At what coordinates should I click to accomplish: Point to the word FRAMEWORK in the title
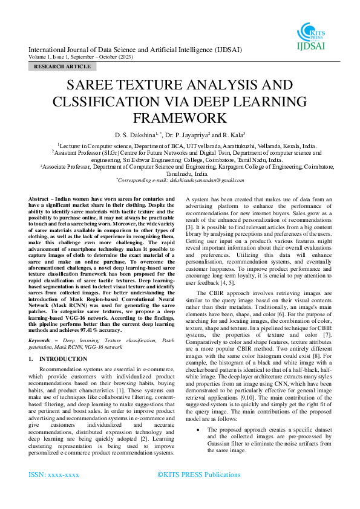pos(180,116)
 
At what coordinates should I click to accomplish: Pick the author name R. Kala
pos(234,134)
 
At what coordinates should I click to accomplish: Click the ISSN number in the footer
pos(54,475)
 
